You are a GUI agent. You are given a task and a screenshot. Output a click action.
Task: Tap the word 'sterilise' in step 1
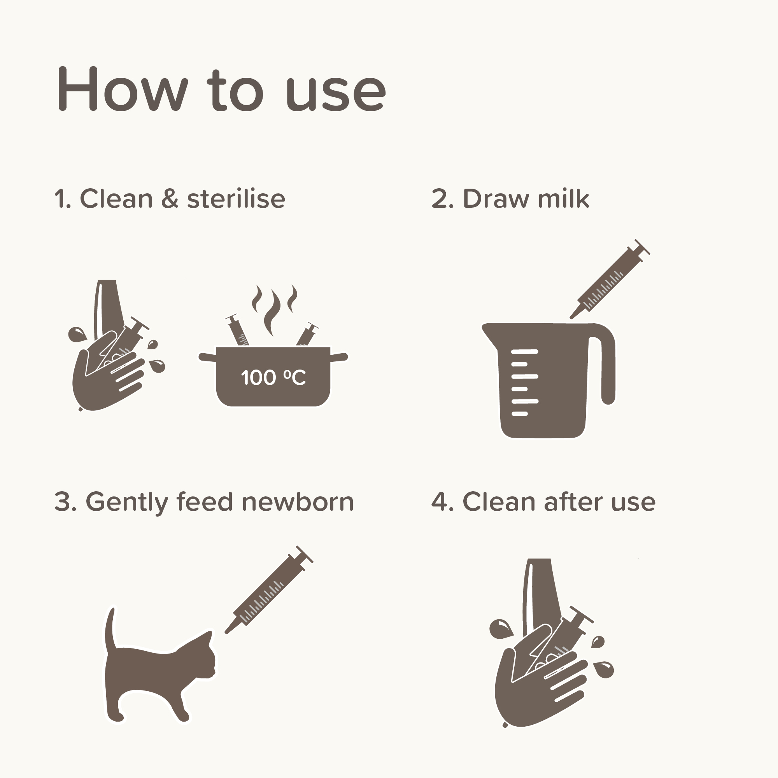[x=236, y=198]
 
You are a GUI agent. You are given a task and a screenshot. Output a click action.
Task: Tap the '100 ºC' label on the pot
[x=273, y=377]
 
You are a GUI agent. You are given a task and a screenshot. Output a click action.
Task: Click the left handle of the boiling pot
[x=207, y=357]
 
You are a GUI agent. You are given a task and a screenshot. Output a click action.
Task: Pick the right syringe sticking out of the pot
[x=307, y=333]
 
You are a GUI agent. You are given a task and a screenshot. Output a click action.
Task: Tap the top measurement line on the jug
[x=524, y=352]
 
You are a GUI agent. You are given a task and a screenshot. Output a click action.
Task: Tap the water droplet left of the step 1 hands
[x=77, y=335]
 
